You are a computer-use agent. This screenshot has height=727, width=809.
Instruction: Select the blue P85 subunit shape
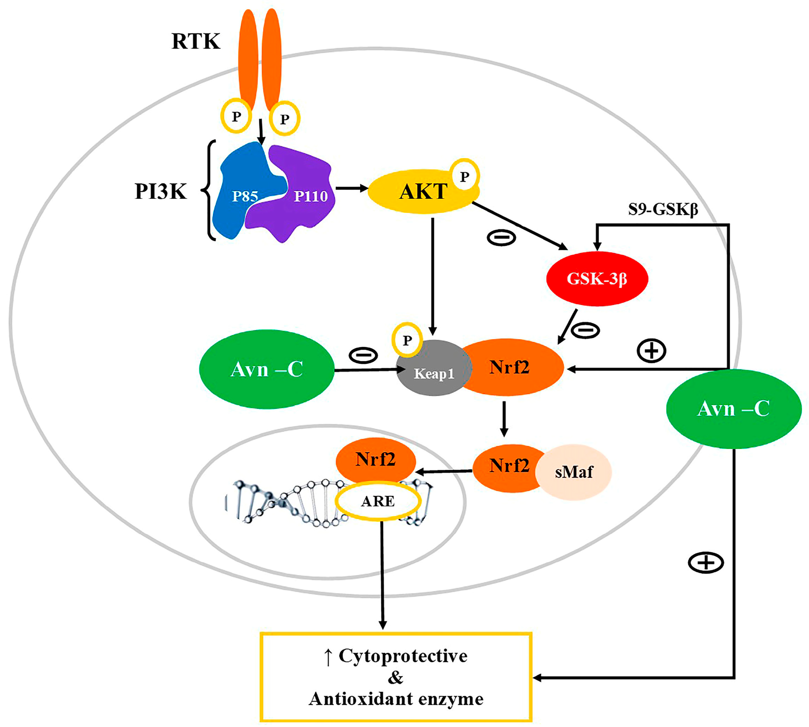click(240, 192)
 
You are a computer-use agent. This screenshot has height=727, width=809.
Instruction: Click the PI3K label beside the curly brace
click(160, 191)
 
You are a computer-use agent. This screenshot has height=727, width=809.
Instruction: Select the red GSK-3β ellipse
click(597, 278)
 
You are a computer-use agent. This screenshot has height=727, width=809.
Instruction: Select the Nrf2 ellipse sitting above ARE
click(375, 459)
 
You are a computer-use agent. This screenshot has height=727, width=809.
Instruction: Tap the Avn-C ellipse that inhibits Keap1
click(266, 369)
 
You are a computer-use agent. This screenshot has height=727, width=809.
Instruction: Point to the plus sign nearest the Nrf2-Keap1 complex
click(651, 351)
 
